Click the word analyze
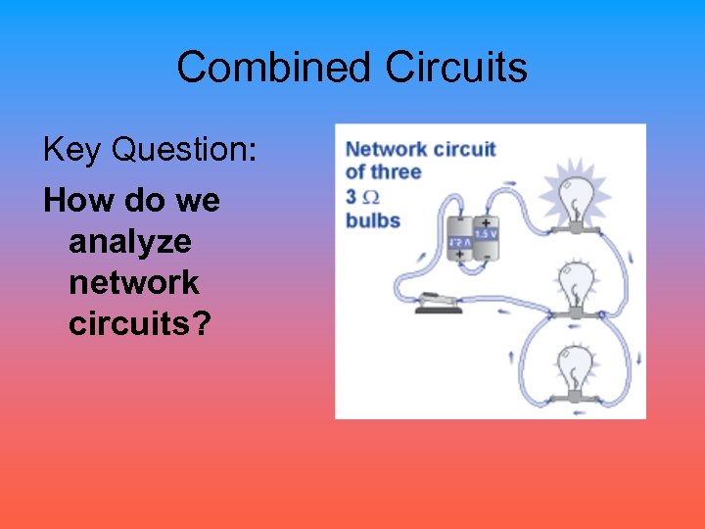[130, 243]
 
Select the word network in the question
[134, 283]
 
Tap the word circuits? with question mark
[140, 323]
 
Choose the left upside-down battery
[459, 239]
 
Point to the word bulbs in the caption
[373, 220]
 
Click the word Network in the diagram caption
[388, 149]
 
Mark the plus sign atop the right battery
[487, 222]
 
